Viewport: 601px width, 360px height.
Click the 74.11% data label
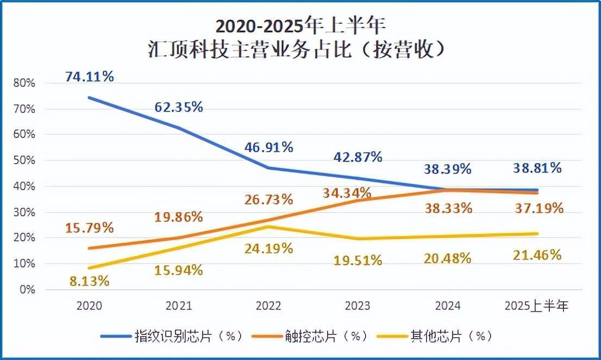[90, 77]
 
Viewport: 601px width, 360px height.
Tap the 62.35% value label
[178, 107]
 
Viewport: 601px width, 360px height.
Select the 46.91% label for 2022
[268, 147]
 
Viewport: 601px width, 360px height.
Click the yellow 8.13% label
[89, 281]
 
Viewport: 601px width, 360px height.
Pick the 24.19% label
[268, 249]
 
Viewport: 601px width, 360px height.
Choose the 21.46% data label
[537, 254]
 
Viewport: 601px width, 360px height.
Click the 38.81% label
[537, 169]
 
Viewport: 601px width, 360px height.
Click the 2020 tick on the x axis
[89, 307]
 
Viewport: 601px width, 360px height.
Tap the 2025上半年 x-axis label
[537, 307]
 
